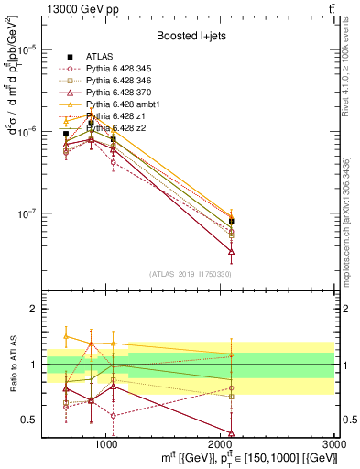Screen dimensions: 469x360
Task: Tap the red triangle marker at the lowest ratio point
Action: pyautogui.click(x=232, y=432)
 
